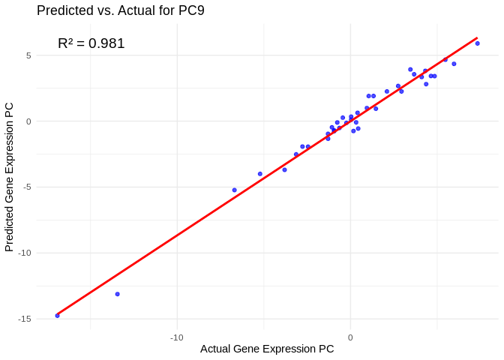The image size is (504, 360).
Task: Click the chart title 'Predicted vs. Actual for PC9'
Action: [120, 10]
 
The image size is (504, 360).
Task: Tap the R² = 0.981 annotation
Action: [91, 43]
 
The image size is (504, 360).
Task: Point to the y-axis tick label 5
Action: [28, 55]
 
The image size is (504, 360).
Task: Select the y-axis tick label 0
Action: [28, 121]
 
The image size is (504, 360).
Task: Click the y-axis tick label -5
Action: [26, 187]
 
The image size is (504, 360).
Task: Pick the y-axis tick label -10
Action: [24, 253]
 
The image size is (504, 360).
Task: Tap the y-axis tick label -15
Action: [24, 319]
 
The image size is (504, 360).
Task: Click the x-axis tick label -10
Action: [177, 337]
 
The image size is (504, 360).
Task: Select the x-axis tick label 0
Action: [350, 337]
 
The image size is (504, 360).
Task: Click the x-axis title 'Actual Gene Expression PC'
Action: [267, 349]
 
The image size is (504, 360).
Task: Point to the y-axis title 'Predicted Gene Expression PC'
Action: [9, 177]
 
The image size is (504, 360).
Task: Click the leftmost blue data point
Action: [57, 316]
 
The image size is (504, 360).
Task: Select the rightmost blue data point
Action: [477, 43]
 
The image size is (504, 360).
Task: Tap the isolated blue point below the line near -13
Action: [117, 294]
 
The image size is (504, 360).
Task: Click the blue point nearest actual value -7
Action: [234, 190]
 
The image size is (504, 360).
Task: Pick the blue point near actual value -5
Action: [260, 174]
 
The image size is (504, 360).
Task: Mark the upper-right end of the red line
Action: [477, 37]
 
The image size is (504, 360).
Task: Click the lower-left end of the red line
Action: [57, 314]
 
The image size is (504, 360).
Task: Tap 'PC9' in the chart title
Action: [190, 10]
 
